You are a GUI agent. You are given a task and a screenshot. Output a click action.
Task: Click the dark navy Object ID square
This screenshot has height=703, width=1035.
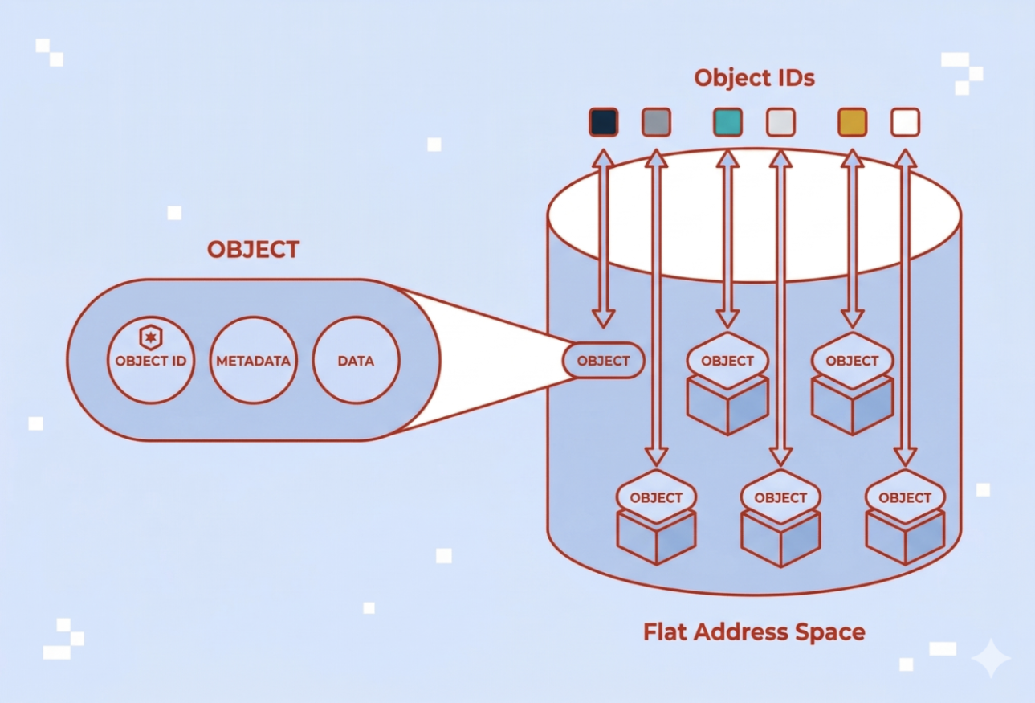coord(603,122)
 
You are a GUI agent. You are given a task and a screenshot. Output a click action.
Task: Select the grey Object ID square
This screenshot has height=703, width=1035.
coord(656,122)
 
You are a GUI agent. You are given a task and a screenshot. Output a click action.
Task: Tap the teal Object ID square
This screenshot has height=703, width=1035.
coord(727,122)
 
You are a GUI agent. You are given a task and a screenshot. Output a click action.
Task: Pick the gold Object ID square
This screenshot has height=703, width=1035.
coord(852,122)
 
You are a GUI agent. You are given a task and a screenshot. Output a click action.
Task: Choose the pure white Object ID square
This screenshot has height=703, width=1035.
coord(905,122)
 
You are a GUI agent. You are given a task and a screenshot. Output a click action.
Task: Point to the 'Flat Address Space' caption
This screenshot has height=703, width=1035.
coord(754,631)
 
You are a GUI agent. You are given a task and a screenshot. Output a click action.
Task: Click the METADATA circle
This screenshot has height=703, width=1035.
coord(253,361)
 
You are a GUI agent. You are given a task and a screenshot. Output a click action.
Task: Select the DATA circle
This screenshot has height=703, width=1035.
coord(356,361)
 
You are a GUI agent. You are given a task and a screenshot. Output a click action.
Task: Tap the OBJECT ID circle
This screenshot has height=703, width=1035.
coord(150,361)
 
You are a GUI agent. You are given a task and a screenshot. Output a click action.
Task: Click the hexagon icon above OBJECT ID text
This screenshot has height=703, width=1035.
coord(150,336)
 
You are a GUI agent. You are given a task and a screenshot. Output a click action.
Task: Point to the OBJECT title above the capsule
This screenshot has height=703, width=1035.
coord(253,249)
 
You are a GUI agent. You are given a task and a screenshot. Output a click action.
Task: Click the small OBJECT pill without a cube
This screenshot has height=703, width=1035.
coord(604,361)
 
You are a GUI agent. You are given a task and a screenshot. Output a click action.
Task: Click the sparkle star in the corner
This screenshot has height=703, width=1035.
coord(990,659)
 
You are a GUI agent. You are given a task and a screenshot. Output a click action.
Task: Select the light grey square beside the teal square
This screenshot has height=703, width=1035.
coord(780,122)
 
